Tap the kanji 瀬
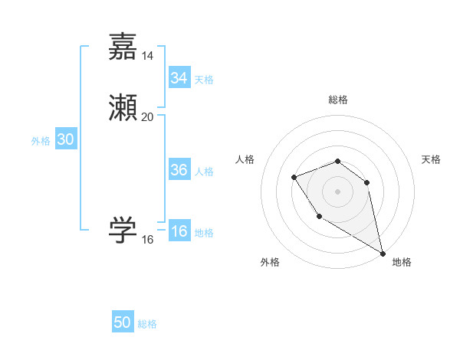pyautogui.click(x=123, y=108)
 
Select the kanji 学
pyautogui.click(x=123, y=230)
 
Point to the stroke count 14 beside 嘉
pyautogui.click(x=148, y=55)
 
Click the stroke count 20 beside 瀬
pyautogui.click(x=148, y=116)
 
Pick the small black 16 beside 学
pyautogui.click(x=148, y=240)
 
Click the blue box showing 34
pyautogui.click(x=179, y=78)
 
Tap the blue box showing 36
pyautogui.click(x=179, y=170)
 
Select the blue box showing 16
pyautogui.click(x=179, y=232)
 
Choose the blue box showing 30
pyautogui.click(x=65, y=139)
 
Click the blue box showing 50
pyautogui.click(x=123, y=322)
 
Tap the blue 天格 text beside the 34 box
pyautogui.click(x=204, y=80)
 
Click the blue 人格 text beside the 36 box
pyautogui.click(x=204, y=172)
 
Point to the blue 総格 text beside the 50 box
pyautogui.click(x=147, y=324)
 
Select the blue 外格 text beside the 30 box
pyautogui.click(x=41, y=141)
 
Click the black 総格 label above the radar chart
pyautogui.click(x=338, y=100)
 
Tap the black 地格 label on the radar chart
pyautogui.click(x=402, y=262)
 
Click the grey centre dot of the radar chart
pyautogui.click(x=338, y=191)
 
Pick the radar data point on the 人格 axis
pyautogui.click(x=294, y=178)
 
